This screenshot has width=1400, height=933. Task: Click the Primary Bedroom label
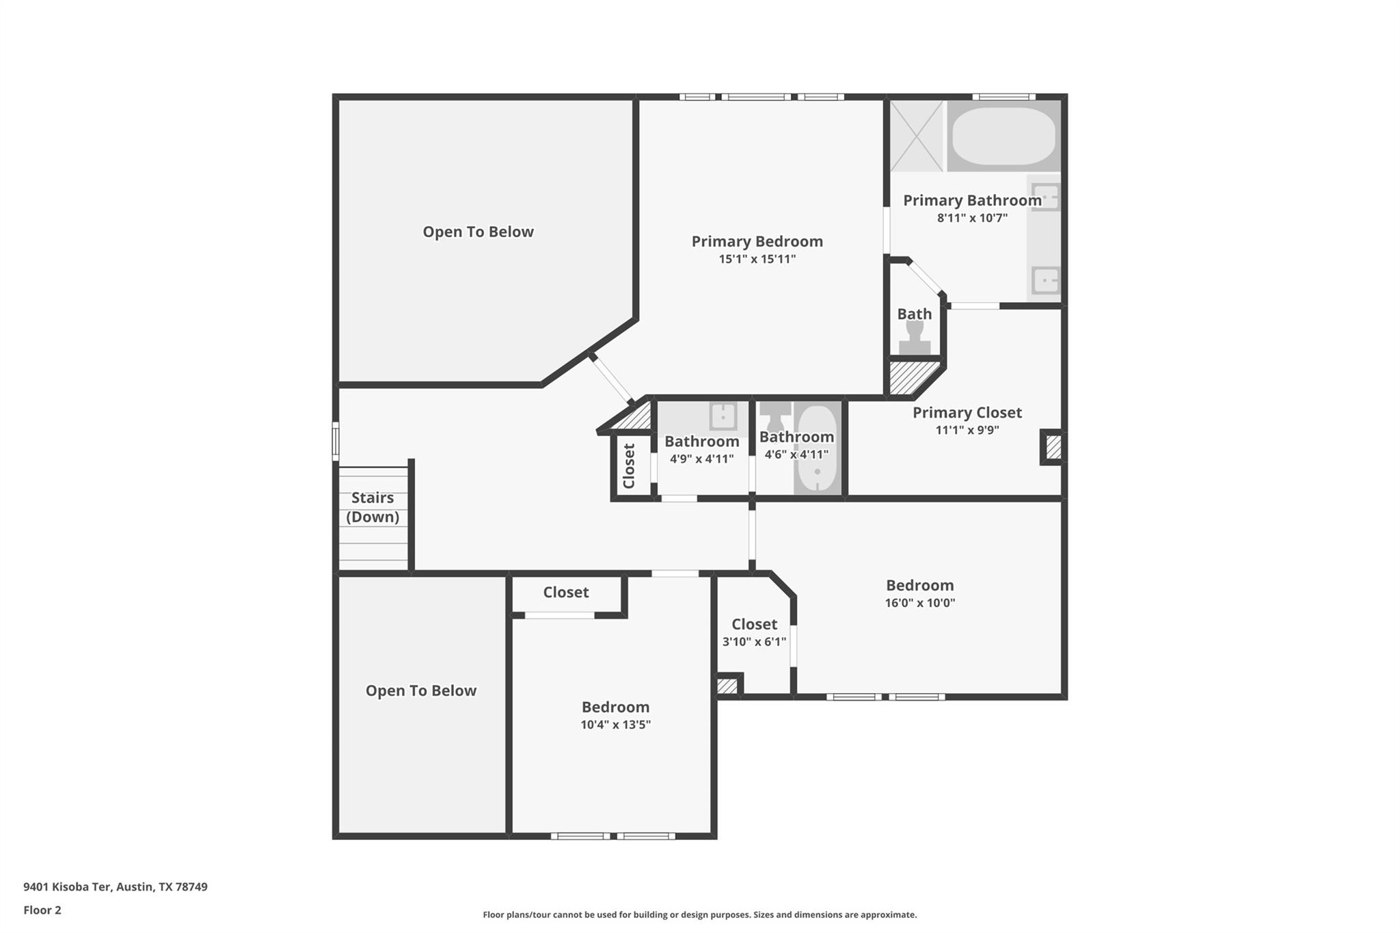[757, 241]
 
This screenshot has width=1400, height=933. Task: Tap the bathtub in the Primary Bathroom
[1004, 135]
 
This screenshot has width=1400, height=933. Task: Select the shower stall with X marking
[917, 135]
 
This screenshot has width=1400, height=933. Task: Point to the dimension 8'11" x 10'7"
[972, 218]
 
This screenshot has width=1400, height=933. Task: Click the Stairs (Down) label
[373, 507]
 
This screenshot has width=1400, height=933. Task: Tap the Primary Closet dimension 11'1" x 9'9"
[967, 430]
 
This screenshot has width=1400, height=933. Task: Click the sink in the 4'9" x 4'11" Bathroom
[723, 416]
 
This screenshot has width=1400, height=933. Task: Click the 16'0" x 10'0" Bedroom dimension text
[919, 603]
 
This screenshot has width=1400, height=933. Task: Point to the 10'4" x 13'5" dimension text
[615, 725]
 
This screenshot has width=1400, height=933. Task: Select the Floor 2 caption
[42, 910]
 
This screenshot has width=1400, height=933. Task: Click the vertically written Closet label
[630, 466]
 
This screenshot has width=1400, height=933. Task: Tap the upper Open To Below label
[478, 232]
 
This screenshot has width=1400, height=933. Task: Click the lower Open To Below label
[420, 690]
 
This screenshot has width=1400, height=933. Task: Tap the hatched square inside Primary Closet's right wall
[1053, 448]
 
